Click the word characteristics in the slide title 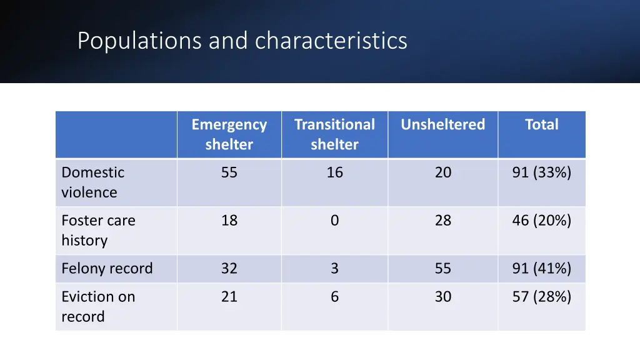pyautogui.click(x=331, y=41)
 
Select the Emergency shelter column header pyautogui.click(x=229, y=134)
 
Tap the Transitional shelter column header pyautogui.click(x=334, y=134)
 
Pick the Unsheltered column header pyautogui.click(x=442, y=125)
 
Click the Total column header pyautogui.click(x=541, y=125)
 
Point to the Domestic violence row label pyautogui.click(x=92, y=182)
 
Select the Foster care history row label pyautogui.click(x=98, y=230)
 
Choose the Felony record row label pyautogui.click(x=107, y=269)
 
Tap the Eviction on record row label pyautogui.click(x=98, y=306)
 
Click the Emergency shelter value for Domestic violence pyautogui.click(x=229, y=173)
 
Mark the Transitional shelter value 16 pyautogui.click(x=334, y=173)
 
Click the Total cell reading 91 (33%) pyautogui.click(x=541, y=173)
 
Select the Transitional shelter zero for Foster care pyautogui.click(x=334, y=221)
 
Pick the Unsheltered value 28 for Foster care pyautogui.click(x=442, y=221)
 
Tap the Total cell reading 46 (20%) pyautogui.click(x=541, y=221)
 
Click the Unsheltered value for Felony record pyautogui.click(x=442, y=269)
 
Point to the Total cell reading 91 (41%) pyautogui.click(x=541, y=269)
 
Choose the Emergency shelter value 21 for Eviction pyautogui.click(x=229, y=297)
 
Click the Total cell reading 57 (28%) pyautogui.click(x=541, y=297)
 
